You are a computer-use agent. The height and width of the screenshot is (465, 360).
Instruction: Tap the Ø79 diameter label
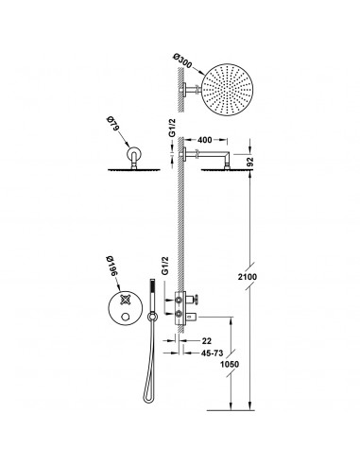pyautogui.click(x=111, y=124)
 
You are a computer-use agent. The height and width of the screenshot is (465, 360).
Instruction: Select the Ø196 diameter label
pyautogui.click(x=111, y=267)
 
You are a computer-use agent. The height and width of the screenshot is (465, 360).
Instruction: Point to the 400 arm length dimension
pyautogui.click(x=204, y=140)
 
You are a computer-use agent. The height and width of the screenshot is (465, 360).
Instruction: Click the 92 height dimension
pyautogui.click(x=250, y=162)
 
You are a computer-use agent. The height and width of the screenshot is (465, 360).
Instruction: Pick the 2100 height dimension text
pyautogui.click(x=248, y=277)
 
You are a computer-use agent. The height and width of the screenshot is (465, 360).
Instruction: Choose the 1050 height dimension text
pyautogui.click(x=230, y=364)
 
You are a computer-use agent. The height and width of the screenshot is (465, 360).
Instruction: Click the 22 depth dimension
pyautogui.click(x=207, y=340)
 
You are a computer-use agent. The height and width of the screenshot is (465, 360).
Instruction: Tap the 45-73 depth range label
pyautogui.click(x=212, y=353)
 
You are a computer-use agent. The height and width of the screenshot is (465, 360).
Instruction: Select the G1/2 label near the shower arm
pyautogui.click(x=172, y=129)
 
